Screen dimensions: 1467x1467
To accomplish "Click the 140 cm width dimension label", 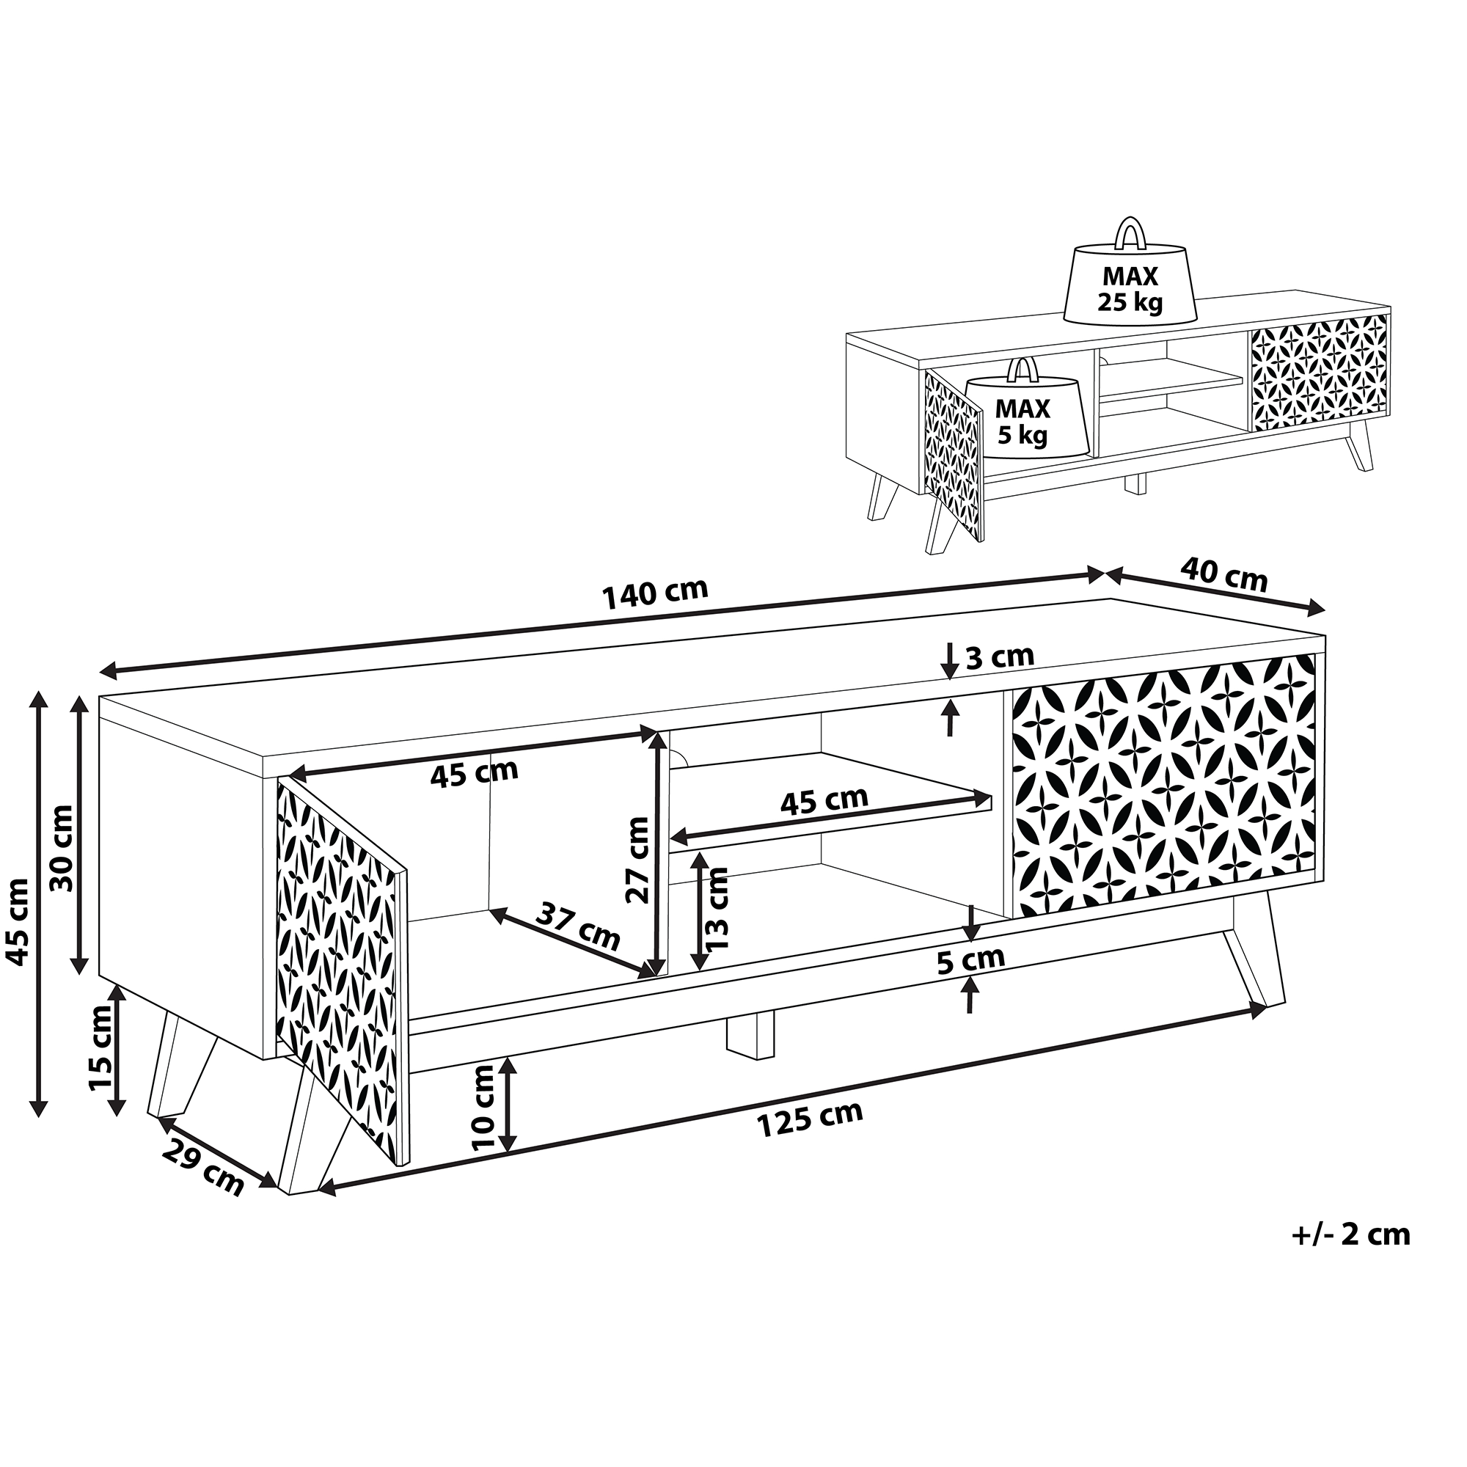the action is (x=654, y=594).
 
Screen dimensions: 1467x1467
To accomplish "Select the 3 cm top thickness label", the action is (x=999, y=656).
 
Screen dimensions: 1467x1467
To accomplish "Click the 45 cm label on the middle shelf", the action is (x=824, y=800).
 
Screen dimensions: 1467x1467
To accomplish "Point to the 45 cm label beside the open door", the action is (x=474, y=773).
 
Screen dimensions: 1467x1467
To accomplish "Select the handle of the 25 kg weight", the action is (x=1130, y=233).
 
